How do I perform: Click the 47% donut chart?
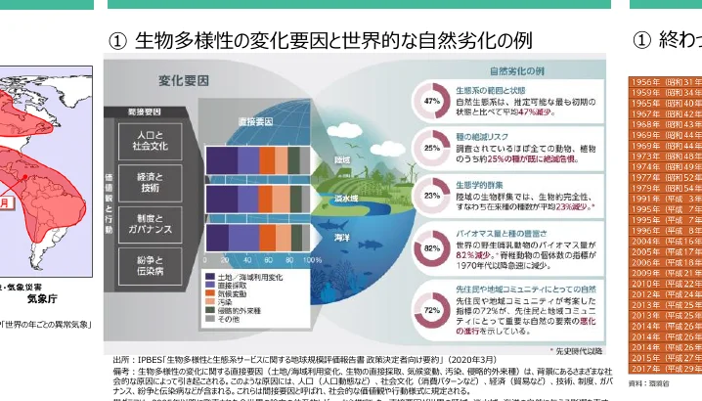point(431,100)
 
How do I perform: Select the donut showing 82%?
point(431,249)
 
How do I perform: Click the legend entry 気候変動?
point(231,293)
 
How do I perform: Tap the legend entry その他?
point(229,320)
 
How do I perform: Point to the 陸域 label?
point(342,158)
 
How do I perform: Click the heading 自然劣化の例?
point(515,72)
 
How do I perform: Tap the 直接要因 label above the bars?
point(255,121)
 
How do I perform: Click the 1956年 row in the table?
point(666,82)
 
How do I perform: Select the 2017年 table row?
point(666,369)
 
